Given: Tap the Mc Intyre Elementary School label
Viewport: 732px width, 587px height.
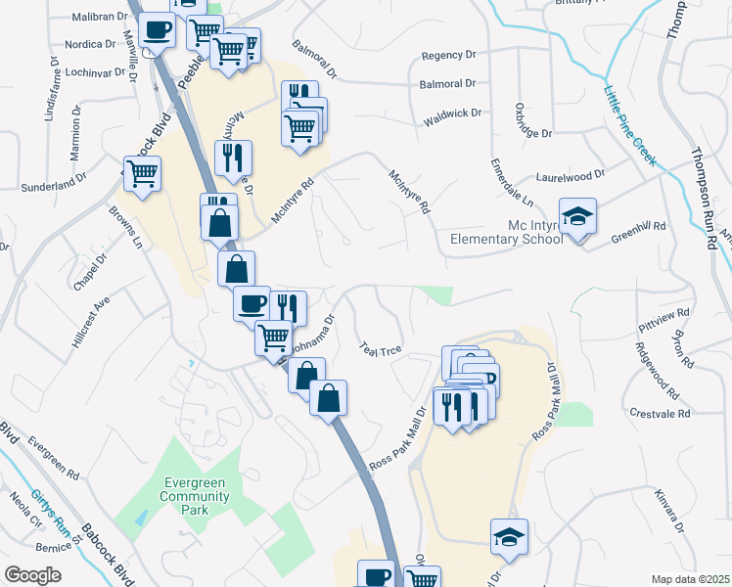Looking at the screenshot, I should [x=505, y=232].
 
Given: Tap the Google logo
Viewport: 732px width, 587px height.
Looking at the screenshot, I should [x=32, y=575].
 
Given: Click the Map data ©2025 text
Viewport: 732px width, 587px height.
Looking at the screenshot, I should [x=691, y=579].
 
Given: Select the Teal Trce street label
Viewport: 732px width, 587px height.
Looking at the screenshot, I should [x=381, y=350].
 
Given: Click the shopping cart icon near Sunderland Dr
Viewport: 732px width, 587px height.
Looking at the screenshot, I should [x=143, y=174].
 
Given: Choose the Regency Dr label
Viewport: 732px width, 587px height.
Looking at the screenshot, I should [x=447, y=56].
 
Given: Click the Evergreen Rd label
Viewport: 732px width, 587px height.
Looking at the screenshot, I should [x=53, y=457].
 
